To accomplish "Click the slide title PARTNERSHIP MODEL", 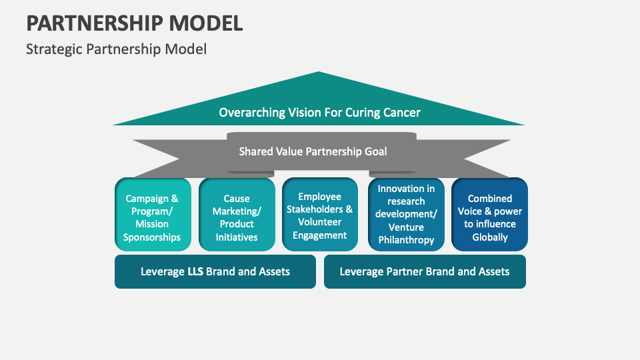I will pos(134,23).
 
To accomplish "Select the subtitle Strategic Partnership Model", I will pos(116,49).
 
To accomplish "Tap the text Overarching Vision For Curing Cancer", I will pos(319,112).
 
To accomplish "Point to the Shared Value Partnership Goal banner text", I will pos(313,151).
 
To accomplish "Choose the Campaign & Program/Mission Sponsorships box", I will pos(153,215).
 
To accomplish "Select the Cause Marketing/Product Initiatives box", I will pos(237,215).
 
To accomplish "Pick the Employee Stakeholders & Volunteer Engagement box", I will pos(320,215).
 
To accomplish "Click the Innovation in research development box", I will pos(406,215).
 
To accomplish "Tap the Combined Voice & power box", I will pos(490,215).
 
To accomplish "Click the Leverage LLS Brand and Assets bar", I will pos(215,271).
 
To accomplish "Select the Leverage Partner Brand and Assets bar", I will pos(425,271).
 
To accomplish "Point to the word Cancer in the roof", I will pos(401,112).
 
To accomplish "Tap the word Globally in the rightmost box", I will pos(490,237).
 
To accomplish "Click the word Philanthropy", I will pos(406,240).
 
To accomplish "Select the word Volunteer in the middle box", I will pos(319,222).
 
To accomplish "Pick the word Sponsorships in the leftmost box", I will pos(153,237).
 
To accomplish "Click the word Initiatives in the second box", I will pos(237,237).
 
